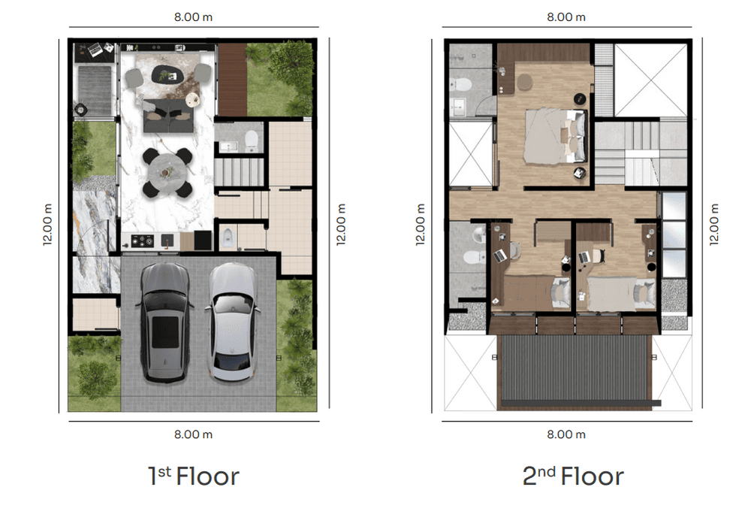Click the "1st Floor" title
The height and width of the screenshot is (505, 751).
coord(193,476)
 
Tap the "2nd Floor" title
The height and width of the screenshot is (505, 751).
coord(573,476)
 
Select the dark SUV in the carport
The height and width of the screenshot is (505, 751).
coord(164,322)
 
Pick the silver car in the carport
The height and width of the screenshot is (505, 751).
coord(233,322)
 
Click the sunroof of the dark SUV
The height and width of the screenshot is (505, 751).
coord(165,332)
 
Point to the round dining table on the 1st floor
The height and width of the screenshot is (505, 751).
coord(167,173)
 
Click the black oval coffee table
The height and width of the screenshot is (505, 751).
coord(167,74)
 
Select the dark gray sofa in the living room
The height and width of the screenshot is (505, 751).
coord(168,116)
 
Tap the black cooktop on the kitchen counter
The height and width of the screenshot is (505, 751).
coord(142,241)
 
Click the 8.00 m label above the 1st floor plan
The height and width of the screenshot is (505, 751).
coord(193,17)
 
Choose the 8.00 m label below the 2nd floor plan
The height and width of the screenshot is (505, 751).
coord(566,434)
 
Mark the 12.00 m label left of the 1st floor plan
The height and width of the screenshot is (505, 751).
coord(47,225)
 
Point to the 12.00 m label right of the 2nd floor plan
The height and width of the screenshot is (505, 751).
coord(714,225)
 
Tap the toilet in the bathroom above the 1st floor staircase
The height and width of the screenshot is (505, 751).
coord(252,140)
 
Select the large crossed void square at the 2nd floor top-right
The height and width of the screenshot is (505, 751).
coord(651,80)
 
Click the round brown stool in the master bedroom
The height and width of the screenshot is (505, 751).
coord(524,82)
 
